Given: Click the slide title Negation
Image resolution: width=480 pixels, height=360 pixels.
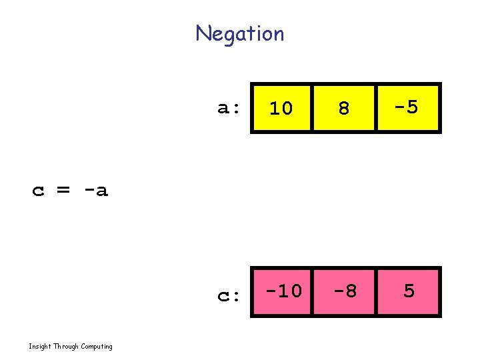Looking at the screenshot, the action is (240, 33).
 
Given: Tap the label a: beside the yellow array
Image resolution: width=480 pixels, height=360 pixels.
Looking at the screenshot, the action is (228, 108).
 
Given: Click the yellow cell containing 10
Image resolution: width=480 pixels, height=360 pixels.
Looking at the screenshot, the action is (281, 107).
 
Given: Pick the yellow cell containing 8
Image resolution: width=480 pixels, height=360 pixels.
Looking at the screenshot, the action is (344, 107).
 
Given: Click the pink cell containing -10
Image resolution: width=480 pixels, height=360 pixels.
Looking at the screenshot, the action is (281, 291).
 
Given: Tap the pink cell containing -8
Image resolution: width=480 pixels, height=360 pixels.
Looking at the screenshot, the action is (344, 291).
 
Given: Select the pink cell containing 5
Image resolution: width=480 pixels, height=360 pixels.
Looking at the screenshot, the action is (408, 291).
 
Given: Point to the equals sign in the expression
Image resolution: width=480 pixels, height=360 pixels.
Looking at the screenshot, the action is (63, 191).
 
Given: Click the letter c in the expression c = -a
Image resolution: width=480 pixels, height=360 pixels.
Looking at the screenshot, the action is (39, 192).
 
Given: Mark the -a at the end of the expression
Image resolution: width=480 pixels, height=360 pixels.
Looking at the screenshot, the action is (95, 191).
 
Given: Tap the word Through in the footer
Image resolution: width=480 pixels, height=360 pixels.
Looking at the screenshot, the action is (65, 346).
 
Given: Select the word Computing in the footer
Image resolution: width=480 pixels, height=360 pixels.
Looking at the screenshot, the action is (97, 347).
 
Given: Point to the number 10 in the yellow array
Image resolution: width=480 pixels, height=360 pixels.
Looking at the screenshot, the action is (281, 108).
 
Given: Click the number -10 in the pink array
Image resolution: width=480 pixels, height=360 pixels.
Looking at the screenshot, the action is (283, 291).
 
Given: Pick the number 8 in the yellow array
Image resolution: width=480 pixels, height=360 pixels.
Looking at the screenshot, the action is (344, 108).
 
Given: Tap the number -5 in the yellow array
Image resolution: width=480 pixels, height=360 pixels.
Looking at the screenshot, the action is (405, 107).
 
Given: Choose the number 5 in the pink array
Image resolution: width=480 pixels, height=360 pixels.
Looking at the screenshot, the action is (409, 291).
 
